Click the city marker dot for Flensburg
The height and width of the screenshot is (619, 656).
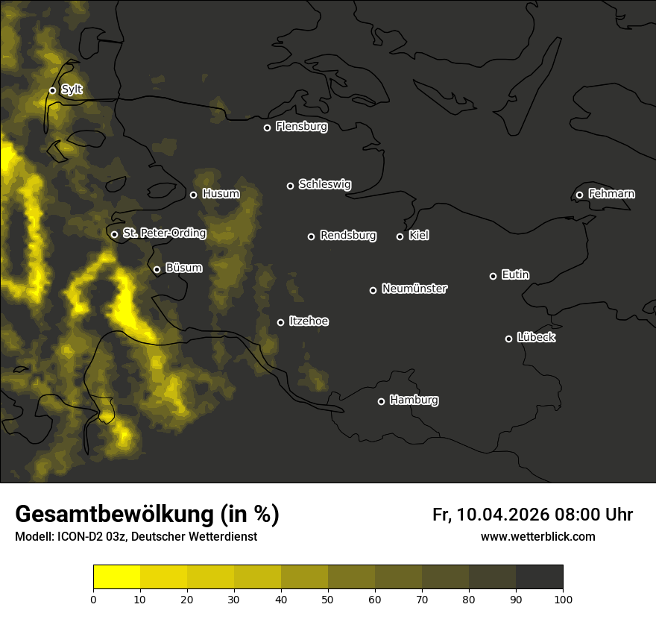pyautogui.click(x=267, y=128)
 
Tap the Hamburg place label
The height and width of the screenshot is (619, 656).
pyautogui.click(x=414, y=400)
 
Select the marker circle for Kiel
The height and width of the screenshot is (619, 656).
pyautogui.click(x=400, y=236)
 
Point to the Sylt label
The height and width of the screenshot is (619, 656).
pyautogui.click(x=72, y=89)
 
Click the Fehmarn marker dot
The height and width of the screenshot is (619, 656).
pyautogui.click(x=579, y=195)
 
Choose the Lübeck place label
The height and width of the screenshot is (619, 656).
pyautogui.click(x=536, y=338)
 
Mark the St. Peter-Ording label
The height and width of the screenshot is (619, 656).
pyautogui.click(x=164, y=233)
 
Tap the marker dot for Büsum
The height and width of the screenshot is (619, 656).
pyautogui.click(x=157, y=270)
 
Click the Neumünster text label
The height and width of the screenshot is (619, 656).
pyautogui.click(x=414, y=289)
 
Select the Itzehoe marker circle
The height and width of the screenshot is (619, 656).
pyautogui.click(x=280, y=322)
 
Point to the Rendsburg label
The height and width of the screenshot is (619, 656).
pyautogui.click(x=348, y=236)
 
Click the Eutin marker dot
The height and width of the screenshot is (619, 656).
pyautogui.click(x=493, y=276)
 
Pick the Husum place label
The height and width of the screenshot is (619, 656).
pyautogui.click(x=221, y=194)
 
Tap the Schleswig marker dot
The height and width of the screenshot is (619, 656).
pyautogui.click(x=290, y=186)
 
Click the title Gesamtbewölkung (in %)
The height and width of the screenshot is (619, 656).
pyautogui.click(x=147, y=514)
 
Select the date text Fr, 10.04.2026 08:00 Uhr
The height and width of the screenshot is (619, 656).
pyautogui.click(x=532, y=515)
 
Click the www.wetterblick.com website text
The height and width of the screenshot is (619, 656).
pyautogui.click(x=537, y=536)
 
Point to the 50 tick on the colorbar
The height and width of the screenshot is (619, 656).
pyautogui.click(x=328, y=599)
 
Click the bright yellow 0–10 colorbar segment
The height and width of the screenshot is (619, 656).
pyautogui.click(x=116, y=577)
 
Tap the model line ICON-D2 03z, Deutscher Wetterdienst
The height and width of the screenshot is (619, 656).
pyautogui.click(x=136, y=537)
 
